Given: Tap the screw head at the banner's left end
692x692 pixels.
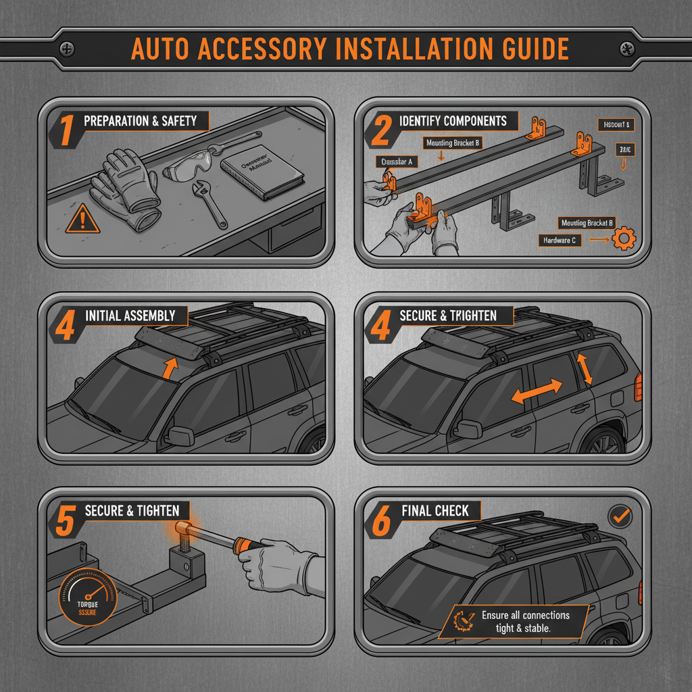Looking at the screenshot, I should pyautogui.click(x=68, y=49).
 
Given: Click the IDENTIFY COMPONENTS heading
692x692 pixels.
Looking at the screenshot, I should pyautogui.click(x=453, y=122).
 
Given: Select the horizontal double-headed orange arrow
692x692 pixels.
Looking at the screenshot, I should pyautogui.click(x=536, y=393).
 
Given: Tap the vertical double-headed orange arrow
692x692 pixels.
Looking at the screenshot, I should pyautogui.click(x=583, y=369).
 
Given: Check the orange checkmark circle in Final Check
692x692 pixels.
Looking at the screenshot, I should pyautogui.click(x=620, y=517).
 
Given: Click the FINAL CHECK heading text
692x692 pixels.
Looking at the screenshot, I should pyautogui.click(x=435, y=511).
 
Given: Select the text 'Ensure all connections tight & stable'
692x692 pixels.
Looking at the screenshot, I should pyautogui.click(x=525, y=622).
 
